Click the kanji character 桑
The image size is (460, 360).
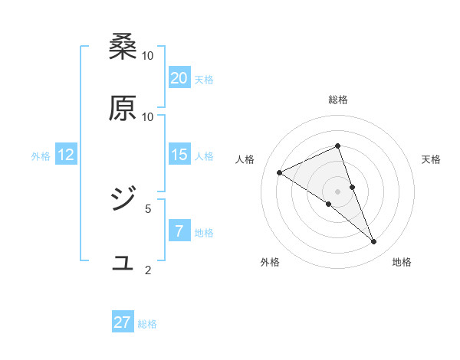click(123, 47)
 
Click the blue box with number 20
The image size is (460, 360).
click(179, 78)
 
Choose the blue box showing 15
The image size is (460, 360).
click(179, 155)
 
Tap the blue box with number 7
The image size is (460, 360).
click(179, 231)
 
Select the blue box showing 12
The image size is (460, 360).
click(65, 155)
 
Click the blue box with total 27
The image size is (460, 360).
click(123, 322)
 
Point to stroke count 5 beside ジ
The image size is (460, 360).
click(149, 208)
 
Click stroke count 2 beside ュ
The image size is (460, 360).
click(149, 270)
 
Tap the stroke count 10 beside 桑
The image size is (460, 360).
click(148, 56)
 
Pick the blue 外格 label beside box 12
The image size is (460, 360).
click(41, 156)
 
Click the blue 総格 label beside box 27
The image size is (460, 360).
click(147, 324)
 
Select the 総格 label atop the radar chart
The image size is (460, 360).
click(337, 100)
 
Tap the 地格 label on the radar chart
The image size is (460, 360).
click(402, 262)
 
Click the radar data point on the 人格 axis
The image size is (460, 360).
click(279, 172)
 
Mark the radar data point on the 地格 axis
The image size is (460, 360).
click(374, 242)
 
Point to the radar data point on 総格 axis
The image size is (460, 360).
click(337, 146)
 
